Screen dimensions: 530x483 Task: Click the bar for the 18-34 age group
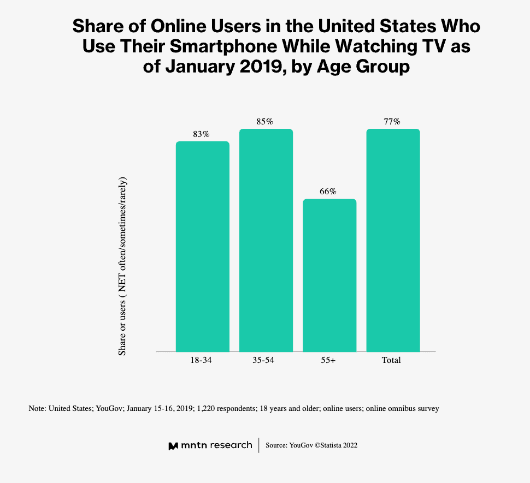tap(203, 246)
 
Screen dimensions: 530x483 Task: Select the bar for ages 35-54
tap(266, 240)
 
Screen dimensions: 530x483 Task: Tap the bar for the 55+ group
tap(329, 276)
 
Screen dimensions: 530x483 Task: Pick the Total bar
tap(393, 240)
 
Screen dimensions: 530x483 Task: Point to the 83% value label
tap(201, 134)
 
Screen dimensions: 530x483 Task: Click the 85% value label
tap(264, 122)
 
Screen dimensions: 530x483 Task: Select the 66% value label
tap(328, 192)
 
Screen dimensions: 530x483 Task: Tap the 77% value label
tap(392, 122)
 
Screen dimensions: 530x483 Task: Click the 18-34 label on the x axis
tap(201, 360)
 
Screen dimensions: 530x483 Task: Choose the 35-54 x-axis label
tap(263, 360)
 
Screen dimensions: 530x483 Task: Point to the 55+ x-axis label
tap(328, 360)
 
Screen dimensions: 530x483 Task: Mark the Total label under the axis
tap(391, 360)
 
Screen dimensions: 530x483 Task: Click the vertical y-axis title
tap(122, 266)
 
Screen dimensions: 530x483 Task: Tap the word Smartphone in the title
tap(223, 46)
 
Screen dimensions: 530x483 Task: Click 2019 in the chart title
tap(260, 66)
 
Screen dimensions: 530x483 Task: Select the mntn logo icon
tap(173, 446)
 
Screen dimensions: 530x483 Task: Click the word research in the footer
tap(231, 445)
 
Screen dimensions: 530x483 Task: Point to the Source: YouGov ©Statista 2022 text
tap(311, 445)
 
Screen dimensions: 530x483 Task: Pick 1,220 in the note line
tap(205, 408)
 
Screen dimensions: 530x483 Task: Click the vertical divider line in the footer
tap(259, 445)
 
